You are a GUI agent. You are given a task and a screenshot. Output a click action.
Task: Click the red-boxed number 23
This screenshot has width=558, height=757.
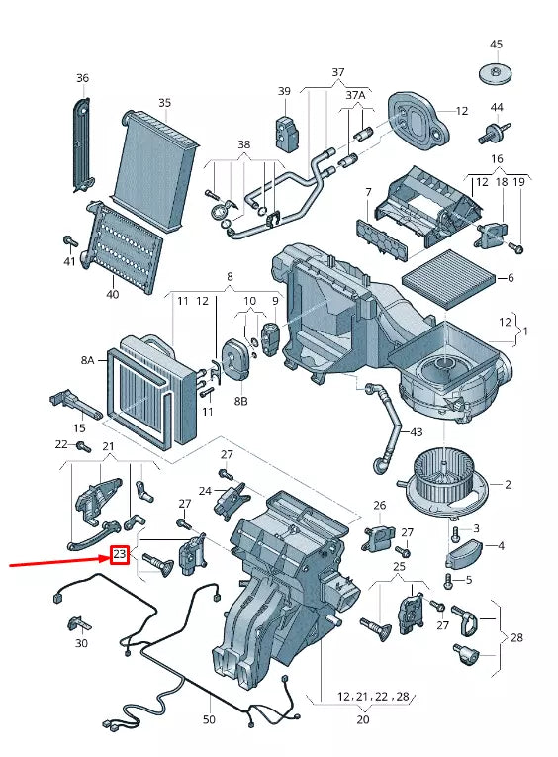click(x=119, y=555)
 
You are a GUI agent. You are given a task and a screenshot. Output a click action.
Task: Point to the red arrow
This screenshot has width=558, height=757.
click(x=59, y=560)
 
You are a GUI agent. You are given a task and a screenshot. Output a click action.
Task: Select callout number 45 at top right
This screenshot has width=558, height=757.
click(x=496, y=44)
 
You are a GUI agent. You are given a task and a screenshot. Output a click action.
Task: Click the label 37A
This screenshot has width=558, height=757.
click(x=355, y=95)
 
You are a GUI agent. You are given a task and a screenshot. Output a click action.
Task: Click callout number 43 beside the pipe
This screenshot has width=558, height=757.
click(x=416, y=433)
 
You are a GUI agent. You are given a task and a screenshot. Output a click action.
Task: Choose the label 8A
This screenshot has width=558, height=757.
click(x=87, y=361)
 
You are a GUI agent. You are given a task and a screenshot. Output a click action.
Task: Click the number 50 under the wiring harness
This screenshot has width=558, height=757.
click(x=209, y=719)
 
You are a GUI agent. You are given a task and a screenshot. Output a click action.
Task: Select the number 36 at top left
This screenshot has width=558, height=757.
click(x=82, y=78)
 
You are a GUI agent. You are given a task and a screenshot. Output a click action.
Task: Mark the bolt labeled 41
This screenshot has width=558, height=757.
click(x=70, y=241)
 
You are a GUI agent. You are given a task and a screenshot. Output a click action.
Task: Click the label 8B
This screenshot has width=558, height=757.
click(x=240, y=402)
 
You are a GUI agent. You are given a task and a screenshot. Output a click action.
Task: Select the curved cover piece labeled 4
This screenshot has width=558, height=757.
click(x=470, y=546)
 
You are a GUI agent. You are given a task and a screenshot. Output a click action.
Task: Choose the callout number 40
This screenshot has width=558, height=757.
click(x=111, y=294)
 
